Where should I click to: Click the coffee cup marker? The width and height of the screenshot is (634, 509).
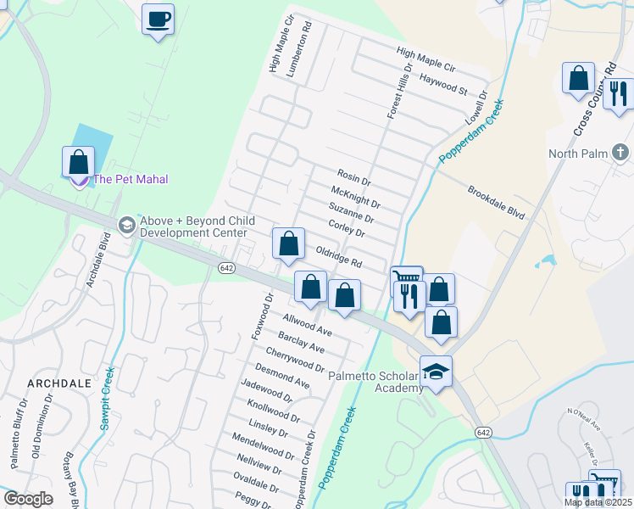pos(158,19)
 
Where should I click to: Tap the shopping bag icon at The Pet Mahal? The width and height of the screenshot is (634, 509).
pos(78,161)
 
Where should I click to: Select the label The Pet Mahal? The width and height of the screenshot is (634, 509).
pos(131,179)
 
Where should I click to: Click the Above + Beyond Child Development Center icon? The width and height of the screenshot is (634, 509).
pos(127,224)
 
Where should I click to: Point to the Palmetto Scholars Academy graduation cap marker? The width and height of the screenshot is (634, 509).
pos(436,372)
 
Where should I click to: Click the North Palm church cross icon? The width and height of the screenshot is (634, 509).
pos(620,153)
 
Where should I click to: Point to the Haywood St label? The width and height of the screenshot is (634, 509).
pos(444,88)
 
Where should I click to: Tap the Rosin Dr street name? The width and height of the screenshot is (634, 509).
pos(354,181)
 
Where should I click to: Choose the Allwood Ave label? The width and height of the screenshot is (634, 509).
pos(307,324)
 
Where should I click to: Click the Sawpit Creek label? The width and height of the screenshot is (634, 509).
pos(107,399)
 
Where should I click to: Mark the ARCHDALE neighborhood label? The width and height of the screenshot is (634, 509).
pos(58,383)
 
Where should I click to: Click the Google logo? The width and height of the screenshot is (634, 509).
pos(29,499)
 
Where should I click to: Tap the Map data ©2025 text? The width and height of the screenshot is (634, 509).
pos(598,502)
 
